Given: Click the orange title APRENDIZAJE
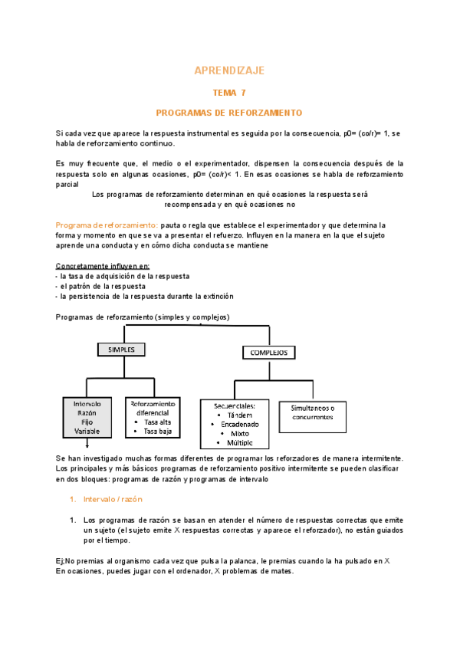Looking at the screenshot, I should (229, 71).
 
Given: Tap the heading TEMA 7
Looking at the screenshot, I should (229, 93).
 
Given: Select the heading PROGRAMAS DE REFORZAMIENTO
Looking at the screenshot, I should (229, 113).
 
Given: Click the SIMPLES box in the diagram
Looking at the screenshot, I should (121, 349).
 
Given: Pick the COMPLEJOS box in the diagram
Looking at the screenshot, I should (268, 353).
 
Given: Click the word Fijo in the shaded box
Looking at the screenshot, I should (87, 422).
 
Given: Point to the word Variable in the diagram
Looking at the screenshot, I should (87, 432).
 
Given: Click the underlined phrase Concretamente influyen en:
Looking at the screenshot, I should (102, 265).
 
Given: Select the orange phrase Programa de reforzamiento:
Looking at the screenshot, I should (107, 225).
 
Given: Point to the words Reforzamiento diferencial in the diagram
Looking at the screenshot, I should (153, 408).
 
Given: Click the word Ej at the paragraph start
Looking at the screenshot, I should (61, 561).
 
